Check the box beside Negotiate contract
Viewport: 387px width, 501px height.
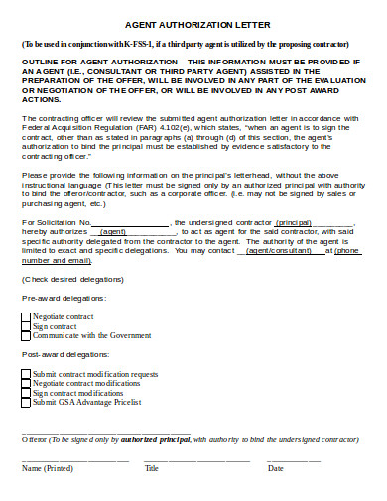[x=27, y=315]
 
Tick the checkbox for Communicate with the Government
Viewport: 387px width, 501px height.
[x=27, y=335]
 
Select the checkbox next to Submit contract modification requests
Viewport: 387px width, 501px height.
[x=27, y=374]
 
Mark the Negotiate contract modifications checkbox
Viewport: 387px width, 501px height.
[x=27, y=383]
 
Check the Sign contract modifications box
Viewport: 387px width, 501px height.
[x=27, y=393]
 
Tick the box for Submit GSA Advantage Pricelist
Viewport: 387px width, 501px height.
[x=27, y=402]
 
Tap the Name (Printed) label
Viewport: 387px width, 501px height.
[x=47, y=468]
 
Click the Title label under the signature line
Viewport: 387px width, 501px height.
[x=152, y=468]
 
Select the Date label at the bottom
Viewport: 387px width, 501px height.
[x=276, y=468]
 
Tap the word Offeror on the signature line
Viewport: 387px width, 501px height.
[x=34, y=438]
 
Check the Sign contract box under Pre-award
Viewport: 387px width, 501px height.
[x=27, y=325]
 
